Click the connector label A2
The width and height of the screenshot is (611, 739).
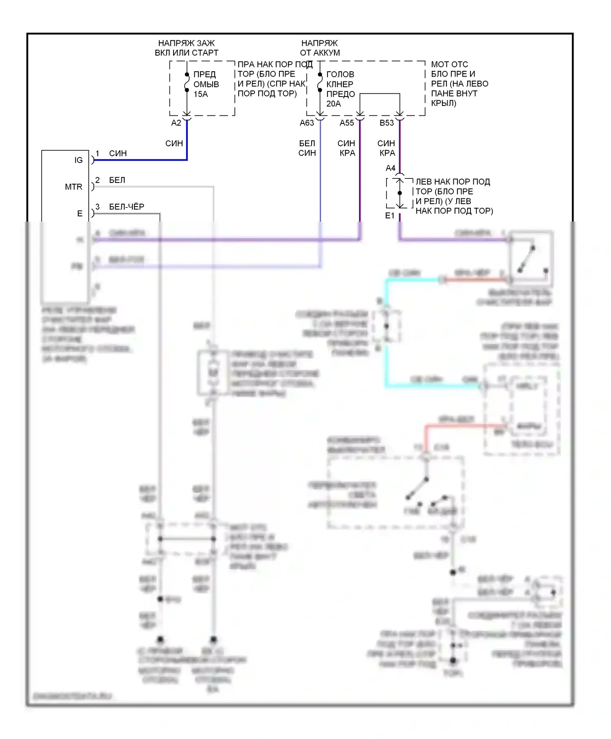pos(176,123)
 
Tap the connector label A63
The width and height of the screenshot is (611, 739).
pos(307,123)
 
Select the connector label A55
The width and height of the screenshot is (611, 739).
pos(347,123)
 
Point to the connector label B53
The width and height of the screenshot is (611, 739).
pos(387,123)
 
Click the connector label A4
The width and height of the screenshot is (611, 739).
pos(390,168)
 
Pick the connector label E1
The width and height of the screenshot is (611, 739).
pos(390,216)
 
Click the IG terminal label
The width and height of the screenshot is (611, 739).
pos(78,160)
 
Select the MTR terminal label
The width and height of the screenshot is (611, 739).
pos(73,187)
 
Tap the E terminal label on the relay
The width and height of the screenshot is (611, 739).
pos(80,213)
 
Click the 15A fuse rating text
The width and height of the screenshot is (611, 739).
pos(200,94)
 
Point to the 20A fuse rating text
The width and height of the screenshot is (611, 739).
pos(333,104)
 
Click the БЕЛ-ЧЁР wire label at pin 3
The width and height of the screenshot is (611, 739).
pos(126,207)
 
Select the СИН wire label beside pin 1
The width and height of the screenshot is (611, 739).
pos(118,153)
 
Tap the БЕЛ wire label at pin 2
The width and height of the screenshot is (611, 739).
pos(117,180)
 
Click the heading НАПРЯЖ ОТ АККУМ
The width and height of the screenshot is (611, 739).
pos(320,48)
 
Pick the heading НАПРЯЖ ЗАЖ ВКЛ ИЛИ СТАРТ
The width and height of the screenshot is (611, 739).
pos(187,48)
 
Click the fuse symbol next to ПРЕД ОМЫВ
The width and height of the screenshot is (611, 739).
pos(187,82)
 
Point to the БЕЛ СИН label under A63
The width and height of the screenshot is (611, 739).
pos(307,148)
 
